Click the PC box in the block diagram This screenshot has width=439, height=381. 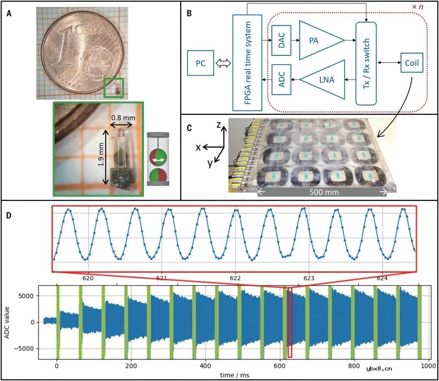(x=200, y=63)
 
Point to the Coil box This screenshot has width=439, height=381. (x=412, y=63)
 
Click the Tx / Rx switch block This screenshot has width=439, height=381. (x=366, y=63)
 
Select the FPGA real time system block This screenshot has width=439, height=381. (x=247, y=63)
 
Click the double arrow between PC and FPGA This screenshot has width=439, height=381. (x=223, y=63)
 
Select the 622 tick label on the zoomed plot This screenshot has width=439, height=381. (x=235, y=279)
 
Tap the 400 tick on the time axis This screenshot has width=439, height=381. (x=205, y=365)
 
